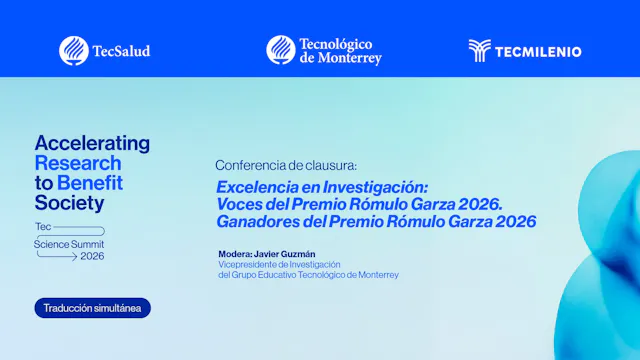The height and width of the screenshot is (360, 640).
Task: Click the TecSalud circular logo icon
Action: pyautogui.click(x=73, y=50)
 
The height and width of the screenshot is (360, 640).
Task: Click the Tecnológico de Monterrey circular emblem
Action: pyautogui.click(x=280, y=50)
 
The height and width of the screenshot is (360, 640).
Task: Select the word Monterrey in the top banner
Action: pyautogui.click(x=350, y=58)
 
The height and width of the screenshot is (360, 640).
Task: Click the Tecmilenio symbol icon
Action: pyautogui.click(x=480, y=51)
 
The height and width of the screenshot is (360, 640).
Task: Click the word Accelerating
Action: pyautogui.click(x=92, y=143)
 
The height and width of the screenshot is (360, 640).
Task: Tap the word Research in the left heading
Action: pyautogui.click(x=78, y=163)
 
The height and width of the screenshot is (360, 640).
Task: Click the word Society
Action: pyautogui.click(x=69, y=203)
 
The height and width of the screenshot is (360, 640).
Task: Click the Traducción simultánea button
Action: pyautogui.click(x=92, y=308)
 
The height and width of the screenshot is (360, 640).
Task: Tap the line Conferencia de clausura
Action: pyautogui.click(x=286, y=165)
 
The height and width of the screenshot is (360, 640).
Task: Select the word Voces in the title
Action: pyautogui.click(x=241, y=204)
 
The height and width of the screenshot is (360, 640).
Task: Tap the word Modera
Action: pyautogui.click(x=235, y=254)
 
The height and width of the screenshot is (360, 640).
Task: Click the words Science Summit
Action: pyautogui.click(x=69, y=244)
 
